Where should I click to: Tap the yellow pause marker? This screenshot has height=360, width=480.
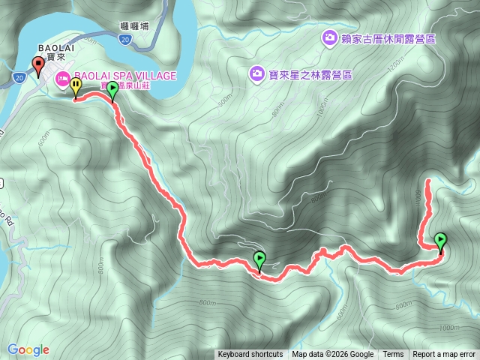click(x=76, y=88)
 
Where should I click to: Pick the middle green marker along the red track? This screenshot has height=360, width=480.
click(x=259, y=259)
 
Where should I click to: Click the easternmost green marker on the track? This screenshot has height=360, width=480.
click(x=440, y=241)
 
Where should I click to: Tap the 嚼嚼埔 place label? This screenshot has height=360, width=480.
click(x=134, y=26)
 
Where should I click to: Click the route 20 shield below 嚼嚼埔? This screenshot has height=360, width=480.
click(x=124, y=40)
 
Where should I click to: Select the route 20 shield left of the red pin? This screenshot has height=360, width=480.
click(x=18, y=76)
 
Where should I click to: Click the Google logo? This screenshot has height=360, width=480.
click(x=28, y=349)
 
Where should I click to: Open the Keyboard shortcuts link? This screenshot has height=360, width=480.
click(x=250, y=355)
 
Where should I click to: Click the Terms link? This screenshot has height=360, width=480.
click(x=393, y=355)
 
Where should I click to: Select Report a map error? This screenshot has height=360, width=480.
click(x=444, y=355)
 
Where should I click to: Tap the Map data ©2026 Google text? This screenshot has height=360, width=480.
click(x=333, y=355)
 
